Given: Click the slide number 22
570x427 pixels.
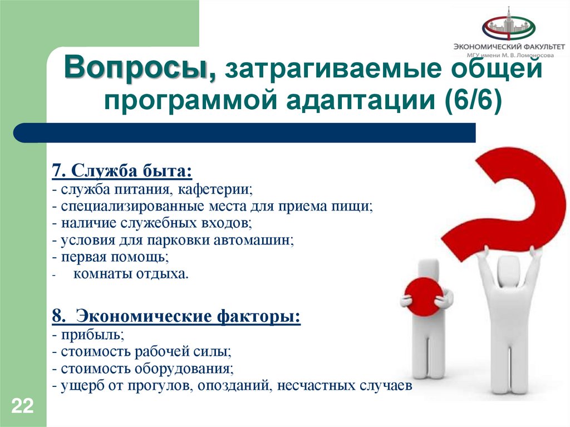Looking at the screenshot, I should [22, 405].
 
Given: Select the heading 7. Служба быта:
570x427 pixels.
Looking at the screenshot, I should [122, 171].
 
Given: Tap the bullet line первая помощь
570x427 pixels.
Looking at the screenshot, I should [112, 258].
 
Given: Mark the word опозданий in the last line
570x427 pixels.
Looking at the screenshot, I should [232, 386].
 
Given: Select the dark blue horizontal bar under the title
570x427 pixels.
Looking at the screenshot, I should [245, 133].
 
